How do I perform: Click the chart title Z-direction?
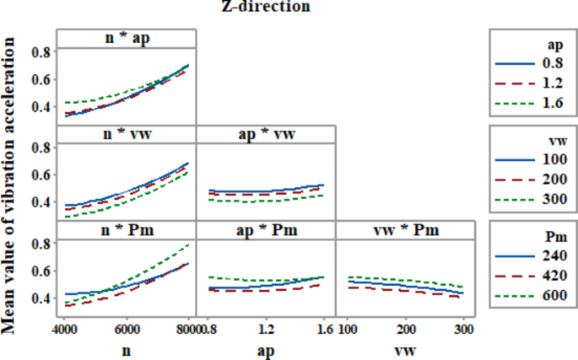tap(267, 8)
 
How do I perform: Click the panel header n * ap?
tap(127, 38)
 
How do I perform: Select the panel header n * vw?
tap(127, 135)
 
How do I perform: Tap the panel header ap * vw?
tap(266, 135)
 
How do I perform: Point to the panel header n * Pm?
tap(127, 231)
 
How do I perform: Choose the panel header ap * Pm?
tap(266, 231)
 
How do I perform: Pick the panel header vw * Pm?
tap(406, 231)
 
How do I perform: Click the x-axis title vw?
tap(406, 348)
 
